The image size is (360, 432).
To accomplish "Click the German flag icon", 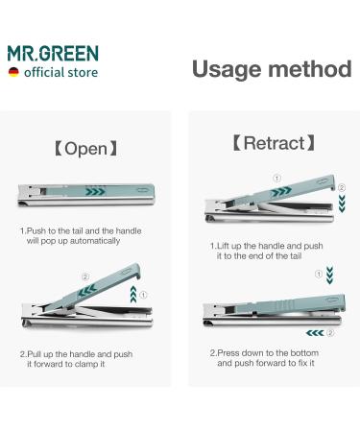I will [12, 73].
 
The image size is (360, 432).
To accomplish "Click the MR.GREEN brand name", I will [53, 53].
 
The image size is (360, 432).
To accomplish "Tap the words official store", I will [61, 73].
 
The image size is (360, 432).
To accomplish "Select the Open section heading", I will [85, 149].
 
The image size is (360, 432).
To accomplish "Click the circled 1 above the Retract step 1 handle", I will [276, 177].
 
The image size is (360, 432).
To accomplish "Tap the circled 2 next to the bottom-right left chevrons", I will [328, 333].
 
